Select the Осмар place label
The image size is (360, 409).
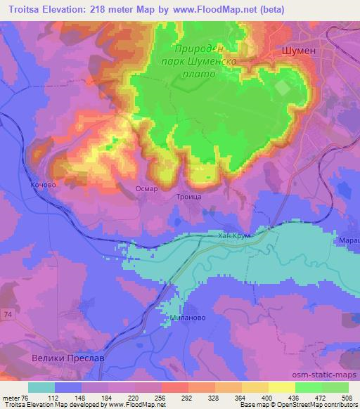pos(146,188)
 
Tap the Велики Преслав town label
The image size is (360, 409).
pos(68,358)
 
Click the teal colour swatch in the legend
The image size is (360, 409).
pos(41,387)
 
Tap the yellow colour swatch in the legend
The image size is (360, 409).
pos(281,387)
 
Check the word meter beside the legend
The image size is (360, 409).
pos(11,397)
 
